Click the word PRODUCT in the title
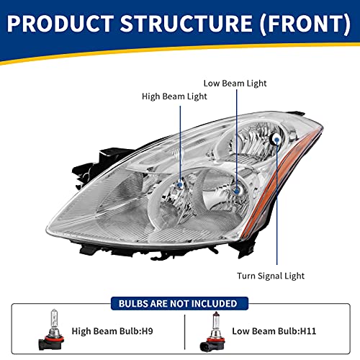(60, 23)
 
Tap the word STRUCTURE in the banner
(186, 23)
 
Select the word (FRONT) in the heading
(306, 23)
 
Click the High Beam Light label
(174, 96)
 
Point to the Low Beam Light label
(235, 84)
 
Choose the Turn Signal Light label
(271, 276)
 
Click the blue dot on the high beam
(179, 184)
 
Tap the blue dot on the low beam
(236, 191)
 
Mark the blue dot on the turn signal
(276, 139)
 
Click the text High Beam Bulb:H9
(112, 331)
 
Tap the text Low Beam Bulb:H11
(274, 331)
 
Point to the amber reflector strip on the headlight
(279, 182)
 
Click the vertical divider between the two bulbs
(185, 332)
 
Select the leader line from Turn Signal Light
(276, 202)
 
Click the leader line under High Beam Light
(180, 145)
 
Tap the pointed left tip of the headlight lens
(47, 228)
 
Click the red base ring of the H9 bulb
(51, 339)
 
